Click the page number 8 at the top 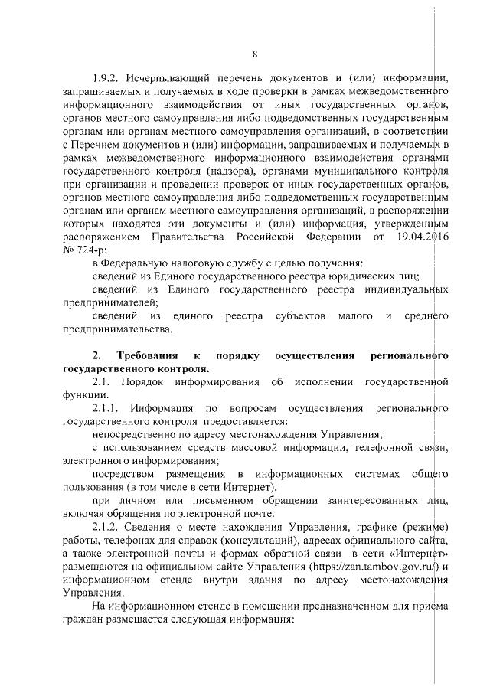point(254,54)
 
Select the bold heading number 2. point(96,355)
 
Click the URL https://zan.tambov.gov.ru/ point(373,567)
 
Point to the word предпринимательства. point(116,329)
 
